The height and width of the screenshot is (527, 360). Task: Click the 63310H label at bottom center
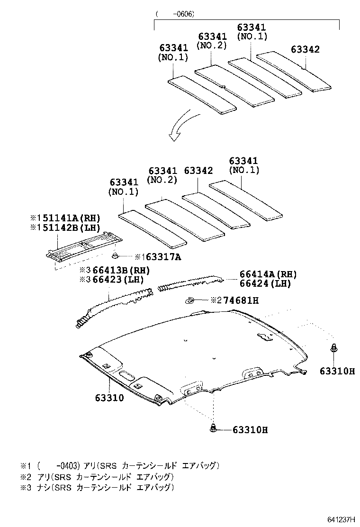pyautogui.click(x=250, y=430)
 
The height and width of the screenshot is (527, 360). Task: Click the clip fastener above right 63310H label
pyautogui.click(x=333, y=348)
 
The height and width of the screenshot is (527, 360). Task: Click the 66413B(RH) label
pyautogui.click(x=121, y=270)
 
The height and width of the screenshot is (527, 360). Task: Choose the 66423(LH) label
pyautogui.click(x=118, y=279)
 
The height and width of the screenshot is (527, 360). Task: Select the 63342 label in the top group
pyautogui.click(x=305, y=50)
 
